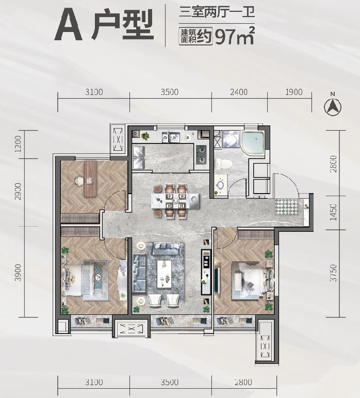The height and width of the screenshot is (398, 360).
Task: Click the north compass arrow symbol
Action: click(x=333, y=107)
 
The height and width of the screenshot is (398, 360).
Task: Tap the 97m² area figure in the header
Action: click(x=234, y=36)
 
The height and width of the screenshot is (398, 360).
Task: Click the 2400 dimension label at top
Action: click(x=239, y=92)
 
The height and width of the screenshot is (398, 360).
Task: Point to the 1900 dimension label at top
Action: click(x=294, y=92)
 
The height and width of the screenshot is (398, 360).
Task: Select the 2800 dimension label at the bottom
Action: click(x=243, y=382)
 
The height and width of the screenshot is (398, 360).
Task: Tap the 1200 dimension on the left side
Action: click(x=18, y=144)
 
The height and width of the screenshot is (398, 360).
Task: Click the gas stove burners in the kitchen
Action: click(x=202, y=154)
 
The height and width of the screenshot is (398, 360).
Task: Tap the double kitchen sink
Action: click(x=171, y=137)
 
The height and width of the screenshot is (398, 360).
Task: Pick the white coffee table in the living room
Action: click(x=164, y=274)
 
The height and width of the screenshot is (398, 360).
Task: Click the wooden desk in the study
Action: click(x=90, y=179)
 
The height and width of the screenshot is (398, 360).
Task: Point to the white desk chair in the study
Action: click(x=79, y=181)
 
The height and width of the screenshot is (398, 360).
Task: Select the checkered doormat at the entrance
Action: click(x=287, y=206)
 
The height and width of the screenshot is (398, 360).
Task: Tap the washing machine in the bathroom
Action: click(x=231, y=139)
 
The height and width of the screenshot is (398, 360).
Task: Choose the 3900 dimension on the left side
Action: click(x=18, y=273)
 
